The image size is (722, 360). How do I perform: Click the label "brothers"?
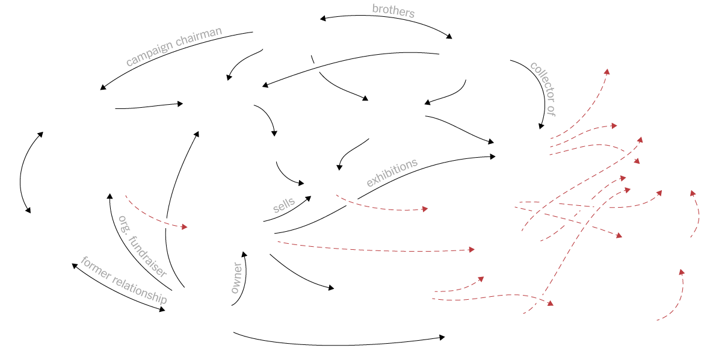(393, 10)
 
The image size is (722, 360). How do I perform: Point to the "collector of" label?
(543, 88)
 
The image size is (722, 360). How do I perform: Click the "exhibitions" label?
(392, 173)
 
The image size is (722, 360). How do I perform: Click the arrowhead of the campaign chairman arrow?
(103, 88)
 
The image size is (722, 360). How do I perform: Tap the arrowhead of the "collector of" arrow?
(541, 126)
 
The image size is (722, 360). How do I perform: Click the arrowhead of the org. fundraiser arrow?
(110, 196)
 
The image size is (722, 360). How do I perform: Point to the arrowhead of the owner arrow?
(244, 255)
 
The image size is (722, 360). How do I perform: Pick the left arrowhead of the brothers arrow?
(322, 19)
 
